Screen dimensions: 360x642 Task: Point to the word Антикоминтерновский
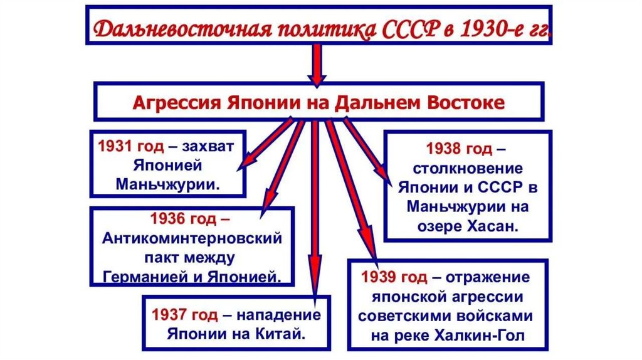tap(192, 240)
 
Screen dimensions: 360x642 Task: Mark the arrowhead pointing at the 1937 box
tap(315, 285)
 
